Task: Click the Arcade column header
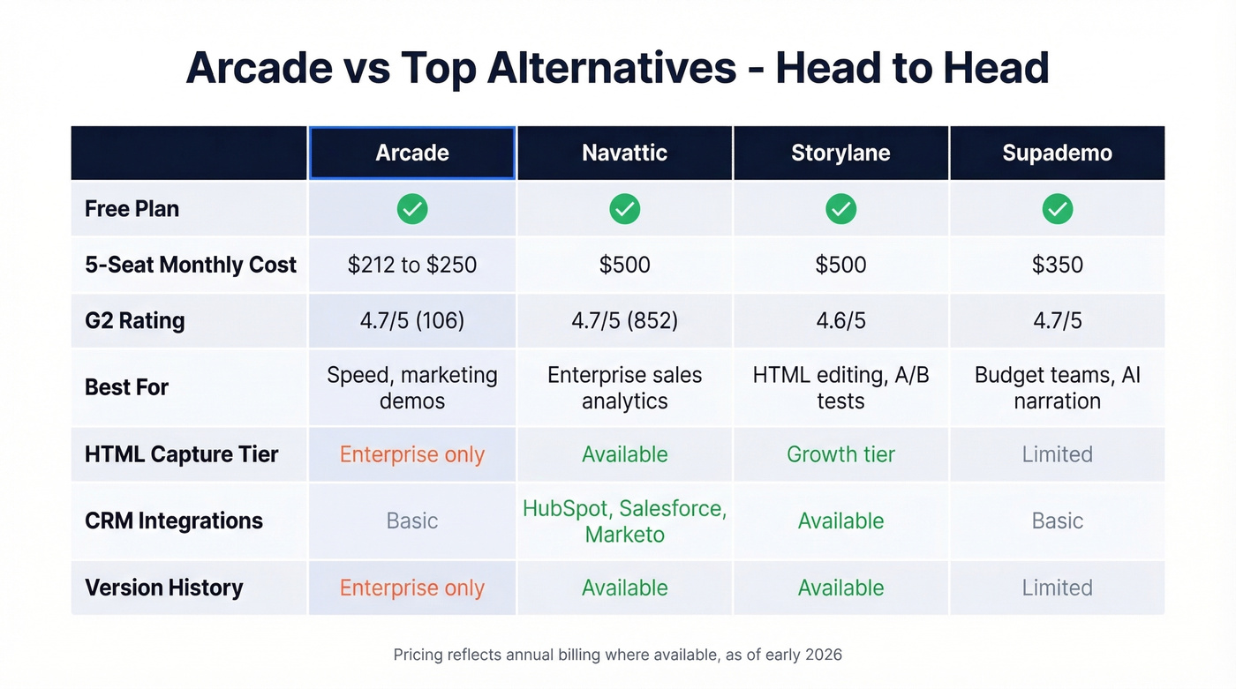412,153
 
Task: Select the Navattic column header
624,153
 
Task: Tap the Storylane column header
840,153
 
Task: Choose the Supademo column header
1057,153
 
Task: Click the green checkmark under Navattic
624,209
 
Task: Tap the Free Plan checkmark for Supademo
1057,209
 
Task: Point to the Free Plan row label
132,209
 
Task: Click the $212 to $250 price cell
412,265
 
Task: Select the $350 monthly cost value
1057,265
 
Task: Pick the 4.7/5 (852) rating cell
624,320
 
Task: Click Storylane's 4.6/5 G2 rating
840,320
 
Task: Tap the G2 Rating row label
134,320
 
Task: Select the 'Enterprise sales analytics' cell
624,387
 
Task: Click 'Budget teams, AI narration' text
1057,387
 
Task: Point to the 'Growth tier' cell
840,454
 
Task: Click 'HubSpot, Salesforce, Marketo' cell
624,520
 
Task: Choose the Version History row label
163,588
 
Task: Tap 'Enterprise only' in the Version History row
412,588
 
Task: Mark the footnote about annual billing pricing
617,655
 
